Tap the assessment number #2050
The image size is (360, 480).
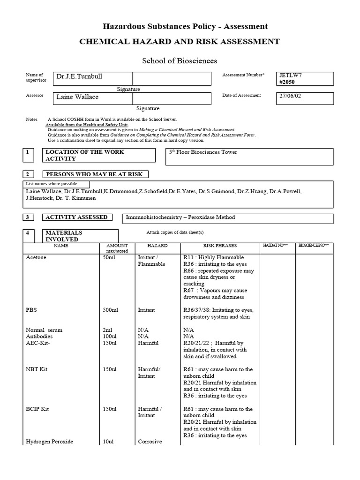click(x=287, y=82)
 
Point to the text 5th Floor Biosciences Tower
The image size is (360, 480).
click(x=203, y=152)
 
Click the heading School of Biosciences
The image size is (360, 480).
click(x=180, y=61)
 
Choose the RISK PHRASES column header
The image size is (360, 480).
click(x=220, y=246)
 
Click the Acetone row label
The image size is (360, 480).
click(x=36, y=258)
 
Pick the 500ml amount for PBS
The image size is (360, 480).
click(x=109, y=310)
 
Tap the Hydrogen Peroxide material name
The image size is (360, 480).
click(x=49, y=442)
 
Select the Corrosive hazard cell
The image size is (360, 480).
click(x=150, y=442)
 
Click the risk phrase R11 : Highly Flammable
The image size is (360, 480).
click(x=214, y=258)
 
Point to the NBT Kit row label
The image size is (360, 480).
click(x=37, y=369)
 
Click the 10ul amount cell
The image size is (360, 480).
click(x=107, y=442)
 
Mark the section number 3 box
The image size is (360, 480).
click(x=28, y=217)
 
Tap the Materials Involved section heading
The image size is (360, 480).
click(x=64, y=236)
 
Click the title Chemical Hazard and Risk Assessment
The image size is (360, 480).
click(x=180, y=42)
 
